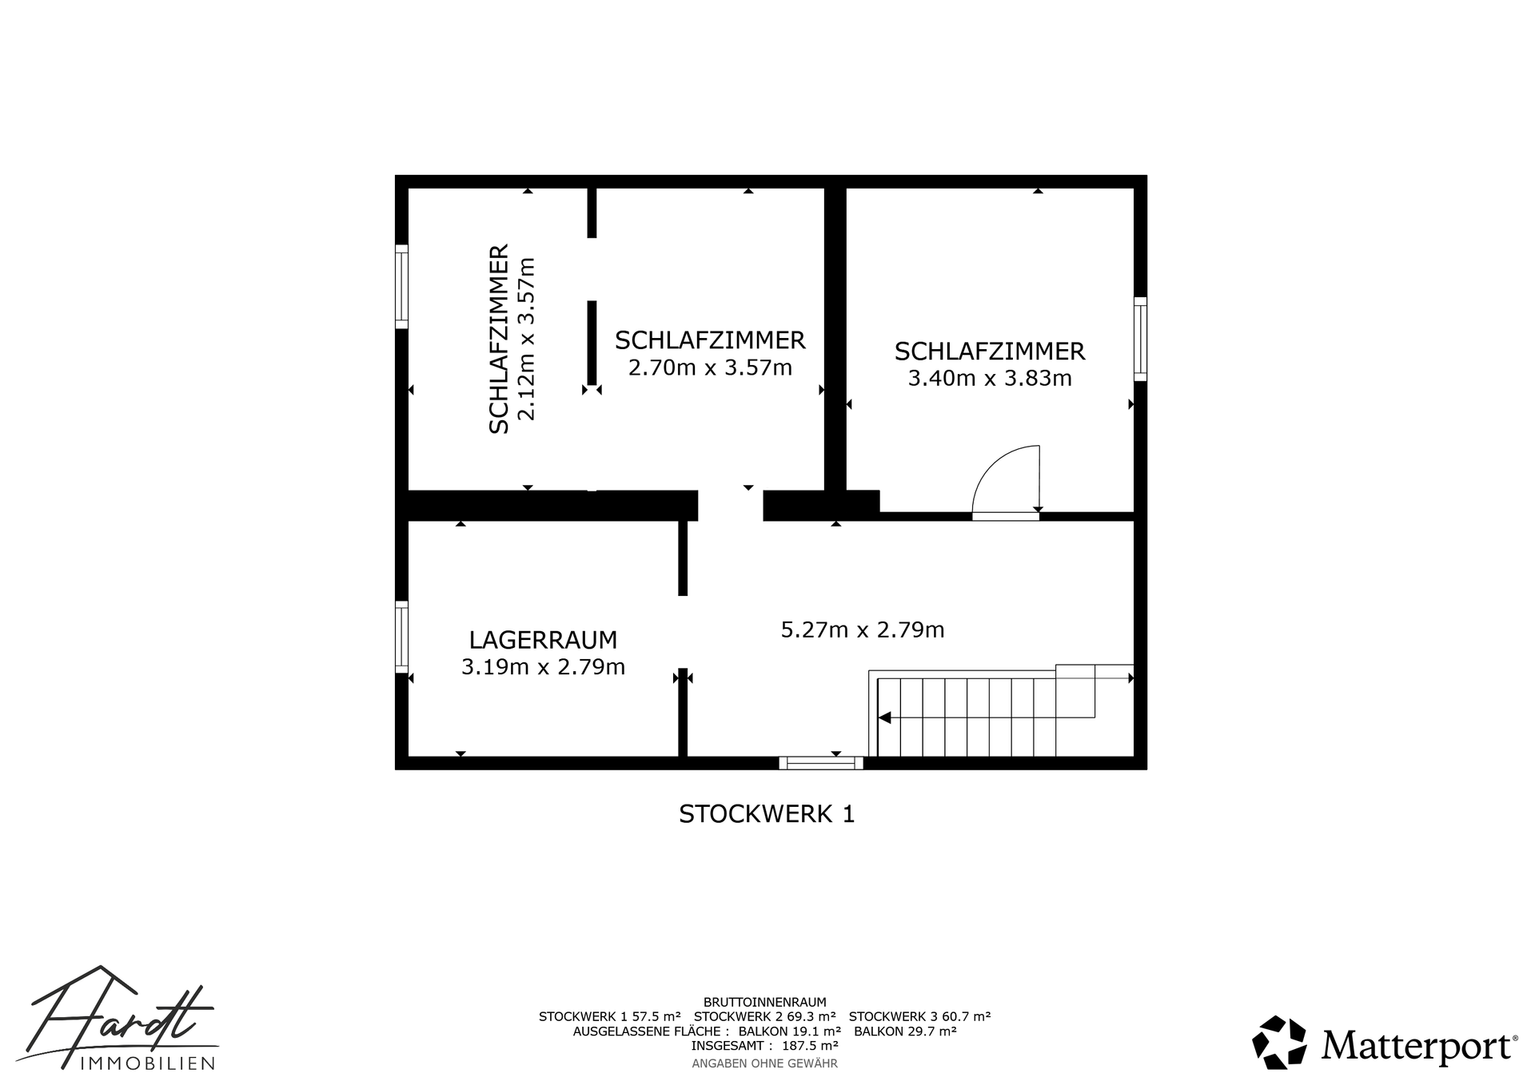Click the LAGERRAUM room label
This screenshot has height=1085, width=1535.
[x=543, y=640]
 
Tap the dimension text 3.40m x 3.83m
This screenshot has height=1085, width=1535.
[x=990, y=378]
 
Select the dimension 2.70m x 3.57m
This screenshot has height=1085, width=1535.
[x=710, y=368]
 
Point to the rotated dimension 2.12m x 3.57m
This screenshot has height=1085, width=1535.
[x=525, y=339]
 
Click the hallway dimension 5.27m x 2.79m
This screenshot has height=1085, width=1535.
[x=863, y=630]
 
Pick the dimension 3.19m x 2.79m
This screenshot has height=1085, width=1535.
[x=543, y=666]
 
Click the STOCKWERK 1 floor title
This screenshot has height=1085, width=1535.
[x=767, y=814]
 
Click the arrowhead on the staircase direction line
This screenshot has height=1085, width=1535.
[x=884, y=717]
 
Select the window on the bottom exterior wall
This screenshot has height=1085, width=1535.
[x=821, y=763]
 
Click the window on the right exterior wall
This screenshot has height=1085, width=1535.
[x=1141, y=339]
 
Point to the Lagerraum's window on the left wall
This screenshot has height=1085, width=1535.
[x=401, y=637]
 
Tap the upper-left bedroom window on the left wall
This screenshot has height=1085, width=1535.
[x=401, y=286]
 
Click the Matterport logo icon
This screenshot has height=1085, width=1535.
[x=1279, y=1042]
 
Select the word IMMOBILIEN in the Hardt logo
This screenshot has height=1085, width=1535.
[x=148, y=1063]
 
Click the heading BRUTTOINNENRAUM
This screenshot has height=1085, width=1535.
[x=765, y=1002]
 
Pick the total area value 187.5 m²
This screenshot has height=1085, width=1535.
[x=810, y=1045]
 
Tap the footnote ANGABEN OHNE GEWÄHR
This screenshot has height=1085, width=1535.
[x=764, y=1063]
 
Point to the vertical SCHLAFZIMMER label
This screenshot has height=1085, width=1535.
[x=499, y=339]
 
